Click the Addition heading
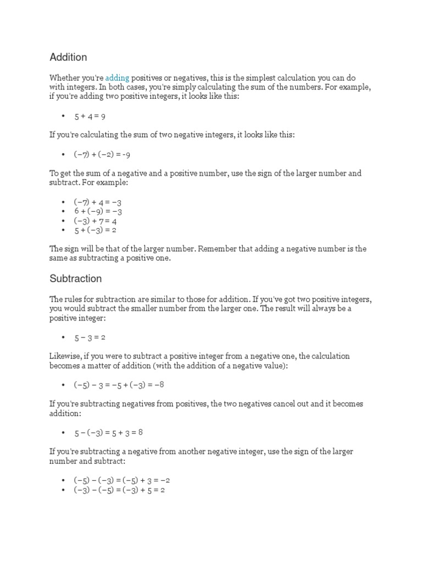pos(68,58)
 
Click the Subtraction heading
pos(75,279)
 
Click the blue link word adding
pos(117,78)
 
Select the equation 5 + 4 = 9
pos(90,116)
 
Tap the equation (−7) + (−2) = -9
pos(102,154)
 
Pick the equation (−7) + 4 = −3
pos(98,203)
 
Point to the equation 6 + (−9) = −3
pos(98,211)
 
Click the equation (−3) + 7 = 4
pos(95,221)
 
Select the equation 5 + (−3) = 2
pos(95,229)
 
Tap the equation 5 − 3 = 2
pos(90,337)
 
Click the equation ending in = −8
pos(119,385)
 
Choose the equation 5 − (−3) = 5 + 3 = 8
pos(109,432)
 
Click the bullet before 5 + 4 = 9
pos(63,116)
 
